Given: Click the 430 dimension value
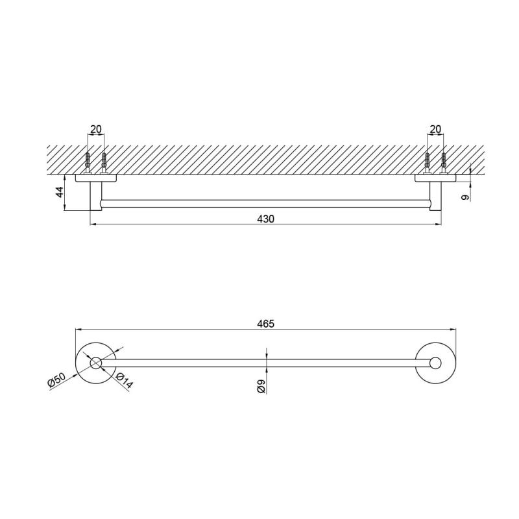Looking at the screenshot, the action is tap(266, 219).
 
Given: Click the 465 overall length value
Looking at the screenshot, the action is tap(266, 323).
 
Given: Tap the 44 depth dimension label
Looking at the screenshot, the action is tap(60, 192).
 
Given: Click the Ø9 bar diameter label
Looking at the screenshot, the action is tap(261, 386).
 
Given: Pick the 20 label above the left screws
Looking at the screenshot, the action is tap(95, 129).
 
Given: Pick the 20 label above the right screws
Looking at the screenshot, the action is tap(435, 129).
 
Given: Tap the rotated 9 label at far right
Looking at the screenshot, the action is tap(465, 197).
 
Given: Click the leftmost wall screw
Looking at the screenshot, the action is tap(88, 163).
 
